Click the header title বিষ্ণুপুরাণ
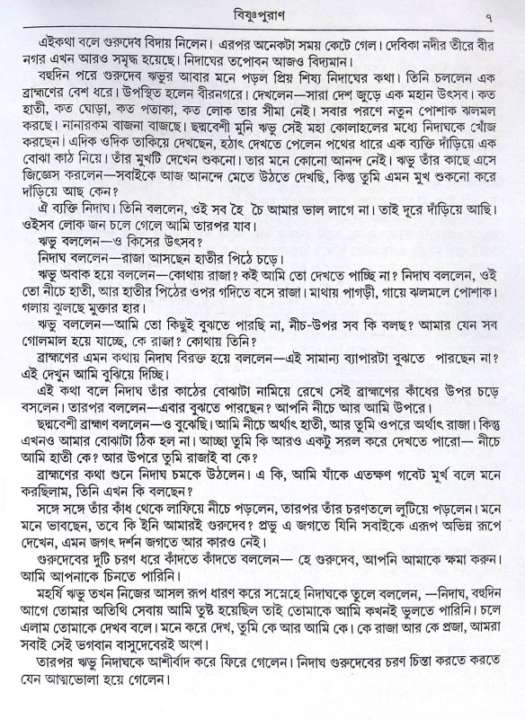[262, 13]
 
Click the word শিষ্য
[328, 81]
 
